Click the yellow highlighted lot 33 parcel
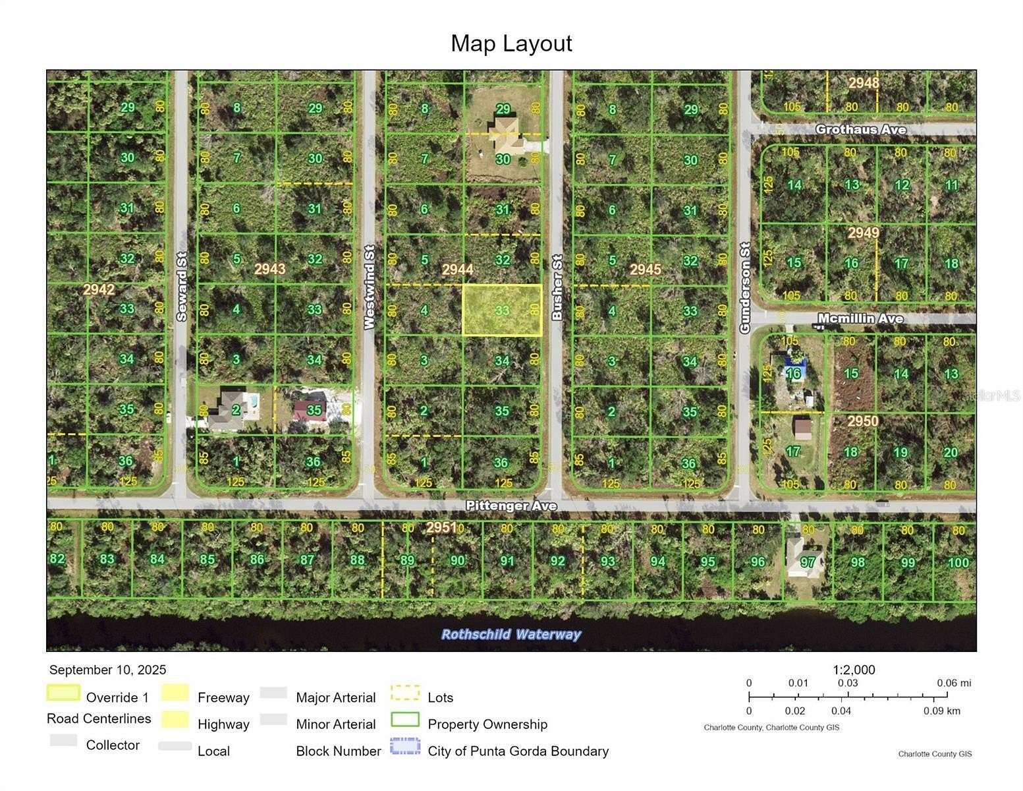pyautogui.click(x=502, y=310)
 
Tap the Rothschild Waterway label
pyautogui.click(x=511, y=634)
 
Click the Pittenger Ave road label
pyautogui.click(x=511, y=506)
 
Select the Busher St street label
pyautogui.click(x=557, y=287)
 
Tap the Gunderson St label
pyautogui.click(x=745, y=287)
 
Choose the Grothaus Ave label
pyautogui.click(x=860, y=129)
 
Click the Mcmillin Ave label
pyautogui.click(x=860, y=318)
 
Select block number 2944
pyautogui.click(x=457, y=269)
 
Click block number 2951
pyautogui.click(x=441, y=527)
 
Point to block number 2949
pyautogui.click(x=864, y=233)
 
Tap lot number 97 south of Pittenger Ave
pyautogui.click(x=808, y=562)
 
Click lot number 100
pyautogui.click(x=958, y=562)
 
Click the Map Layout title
pyautogui.click(x=511, y=44)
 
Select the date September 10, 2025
pyautogui.click(x=108, y=670)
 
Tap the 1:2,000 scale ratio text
pyautogui.click(x=854, y=670)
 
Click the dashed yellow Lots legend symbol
pyautogui.click(x=405, y=693)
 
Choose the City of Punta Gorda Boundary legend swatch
pyautogui.click(x=405, y=746)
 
